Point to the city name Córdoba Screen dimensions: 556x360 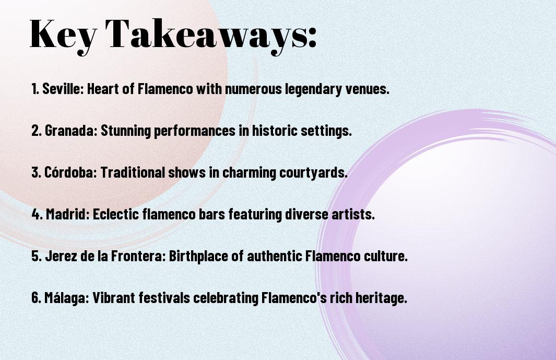(x=70, y=172)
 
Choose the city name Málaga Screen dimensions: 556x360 (x=66, y=297)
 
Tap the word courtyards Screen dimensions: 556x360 (x=313, y=172)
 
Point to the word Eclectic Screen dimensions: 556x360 (x=115, y=214)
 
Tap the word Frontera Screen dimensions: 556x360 (x=138, y=256)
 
